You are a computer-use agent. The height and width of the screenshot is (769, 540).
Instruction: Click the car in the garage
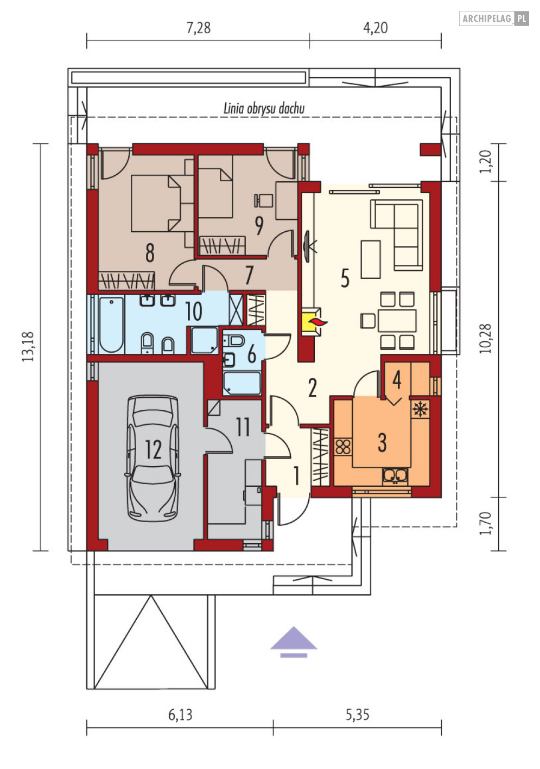tap(153, 458)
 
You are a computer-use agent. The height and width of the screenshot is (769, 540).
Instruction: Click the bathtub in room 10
tap(111, 325)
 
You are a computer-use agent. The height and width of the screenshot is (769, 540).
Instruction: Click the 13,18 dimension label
tap(28, 346)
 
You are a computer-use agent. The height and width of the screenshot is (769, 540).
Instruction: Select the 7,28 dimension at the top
tap(199, 28)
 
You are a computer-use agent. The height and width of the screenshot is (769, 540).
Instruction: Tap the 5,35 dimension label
tap(357, 714)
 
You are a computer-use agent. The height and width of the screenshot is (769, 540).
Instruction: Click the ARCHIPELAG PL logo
tap(494, 18)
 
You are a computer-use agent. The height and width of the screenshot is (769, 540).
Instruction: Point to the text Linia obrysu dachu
tap(264, 109)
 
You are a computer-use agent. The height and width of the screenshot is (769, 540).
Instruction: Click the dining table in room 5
tap(397, 320)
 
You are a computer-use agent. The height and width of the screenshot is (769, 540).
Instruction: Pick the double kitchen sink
tap(395, 475)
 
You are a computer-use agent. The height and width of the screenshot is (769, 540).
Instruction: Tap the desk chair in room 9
tap(263, 200)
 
